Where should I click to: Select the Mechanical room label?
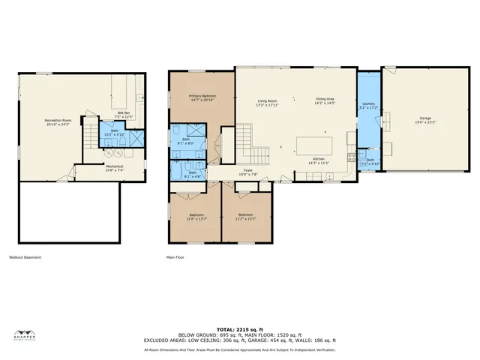click(114, 168)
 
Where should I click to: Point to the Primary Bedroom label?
click(202, 97)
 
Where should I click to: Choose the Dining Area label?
click(324, 101)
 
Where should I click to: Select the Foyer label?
click(247, 172)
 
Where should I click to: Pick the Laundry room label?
click(367, 106)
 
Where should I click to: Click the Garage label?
click(424, 120)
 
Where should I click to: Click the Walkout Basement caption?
click(25, 257)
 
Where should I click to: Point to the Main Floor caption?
click(175, 257)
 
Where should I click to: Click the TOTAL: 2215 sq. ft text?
click(239, 329)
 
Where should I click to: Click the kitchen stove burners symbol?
click(351, 157)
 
